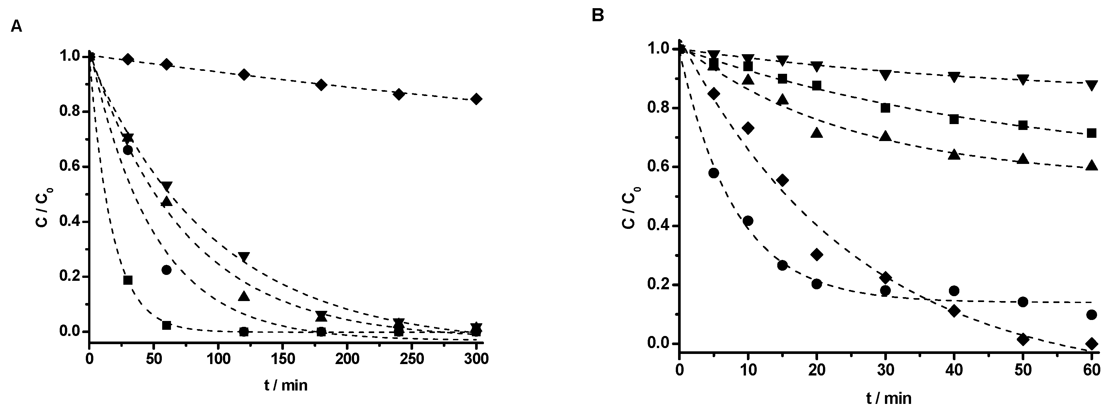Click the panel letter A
coord(16,27)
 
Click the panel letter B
coord(598,16)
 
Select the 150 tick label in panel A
coord(283,359)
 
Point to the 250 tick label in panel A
coord(411,359)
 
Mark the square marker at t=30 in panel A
coord(128,280)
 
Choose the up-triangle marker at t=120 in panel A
coord(244,296)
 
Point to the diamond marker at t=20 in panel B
coord(817,254)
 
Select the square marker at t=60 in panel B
coord(1092,133)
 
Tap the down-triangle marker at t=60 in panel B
coord(1092,85)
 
